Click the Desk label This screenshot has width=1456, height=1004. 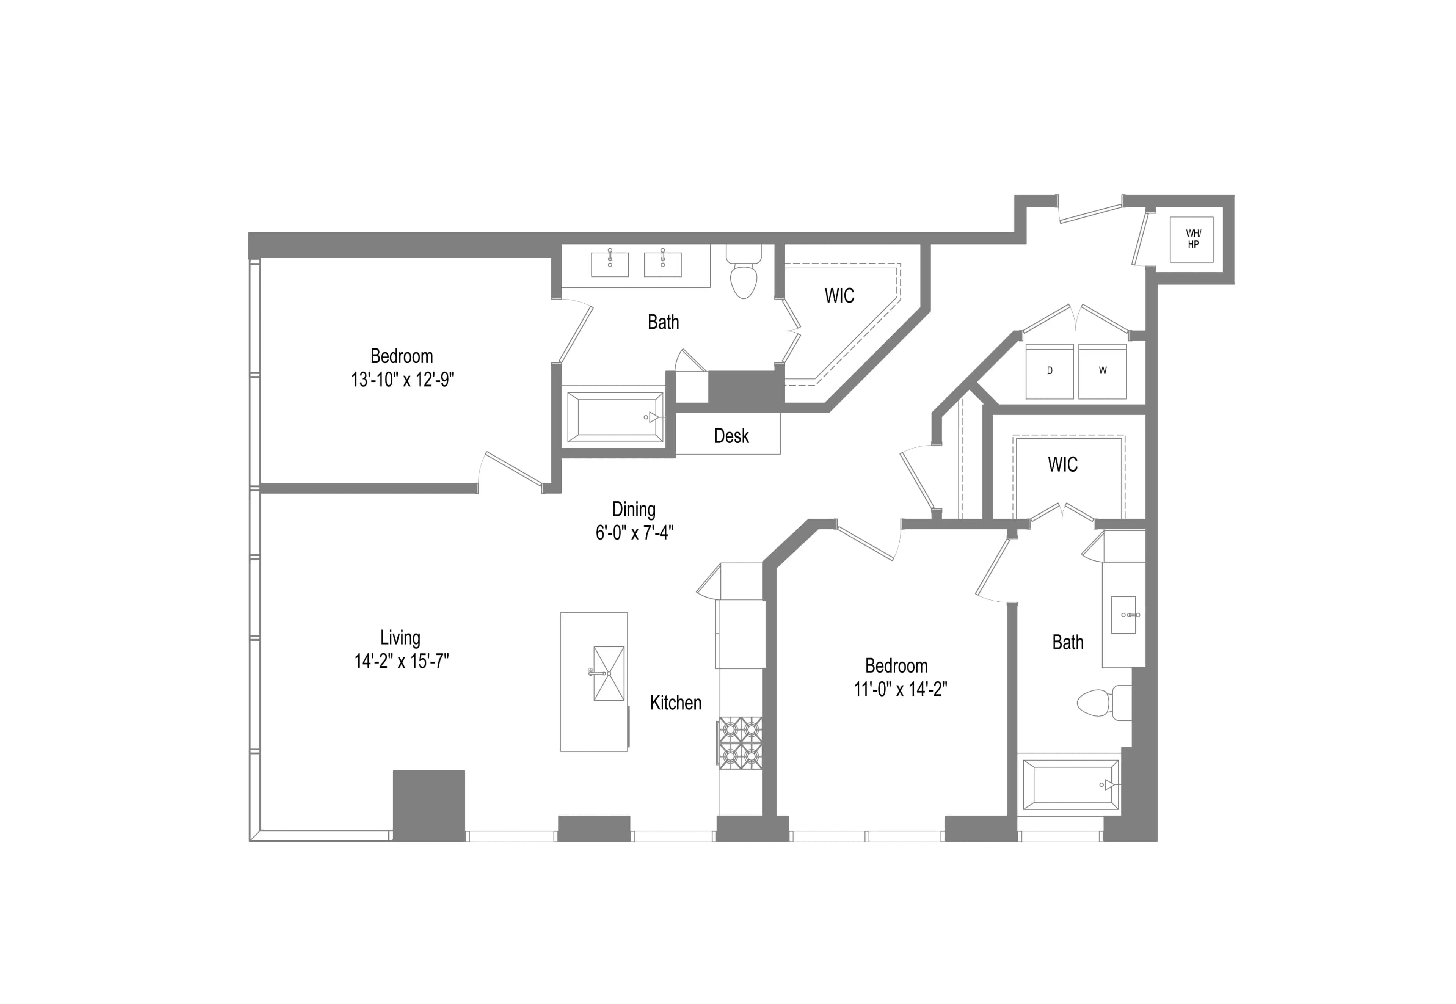(x=731, y=435)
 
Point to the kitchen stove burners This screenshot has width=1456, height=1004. (x=740, y=743)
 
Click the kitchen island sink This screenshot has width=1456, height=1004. (x=608, y=673)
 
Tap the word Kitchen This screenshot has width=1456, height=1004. (x=675, y=702)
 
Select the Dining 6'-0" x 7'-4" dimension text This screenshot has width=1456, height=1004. (x=634, y=532)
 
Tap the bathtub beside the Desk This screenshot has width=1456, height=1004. (x=615, y=416)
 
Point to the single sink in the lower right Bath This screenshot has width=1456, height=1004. (x=1123, y=615)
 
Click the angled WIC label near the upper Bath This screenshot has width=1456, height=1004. (x=839, y=296)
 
